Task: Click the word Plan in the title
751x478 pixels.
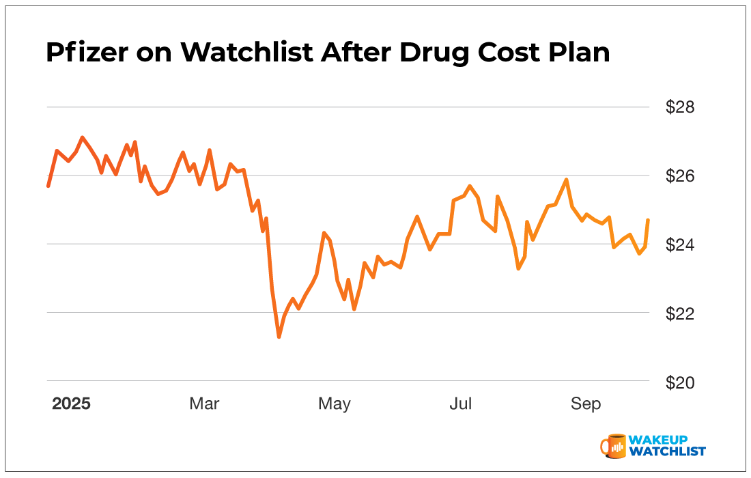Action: pos(580,53)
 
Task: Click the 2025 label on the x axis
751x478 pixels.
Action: pos(72,404)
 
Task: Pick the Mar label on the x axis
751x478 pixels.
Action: pos(204,404)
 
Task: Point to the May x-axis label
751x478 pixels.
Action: pos(335,404)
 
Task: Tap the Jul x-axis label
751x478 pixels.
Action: pos(461,404)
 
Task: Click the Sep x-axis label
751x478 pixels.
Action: pos(586,404)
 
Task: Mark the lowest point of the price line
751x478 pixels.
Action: pos(279,337)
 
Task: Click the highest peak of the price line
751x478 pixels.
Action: pos(82,137)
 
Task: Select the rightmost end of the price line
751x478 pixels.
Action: pos(647,220)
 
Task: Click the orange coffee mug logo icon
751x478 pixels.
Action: pos(613,445)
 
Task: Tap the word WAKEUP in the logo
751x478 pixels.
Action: pos(659,440)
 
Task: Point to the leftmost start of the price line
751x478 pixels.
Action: pos(48,186)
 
